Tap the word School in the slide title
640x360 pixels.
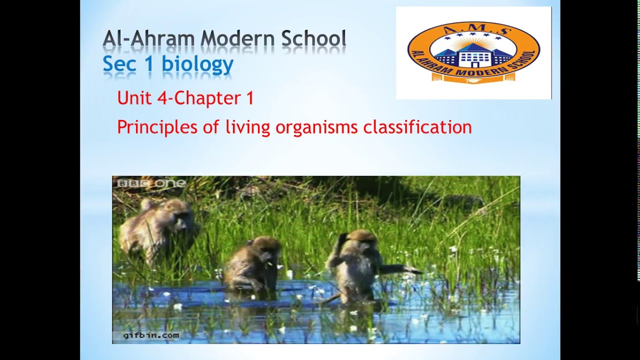click(313, 39)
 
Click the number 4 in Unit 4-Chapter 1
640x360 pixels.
click(161, 98)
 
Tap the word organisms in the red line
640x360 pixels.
click(316, 127)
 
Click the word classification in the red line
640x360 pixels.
click(417, 127)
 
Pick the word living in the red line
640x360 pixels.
click(247, 127)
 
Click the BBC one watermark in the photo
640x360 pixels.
click(151, 183)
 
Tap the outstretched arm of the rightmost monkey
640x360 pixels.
click(400, 269)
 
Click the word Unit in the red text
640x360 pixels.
click(134, 98)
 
